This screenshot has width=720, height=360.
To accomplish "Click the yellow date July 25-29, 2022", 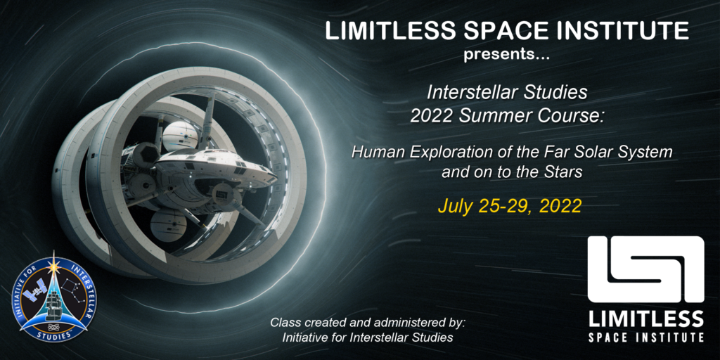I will (x=510, y=207).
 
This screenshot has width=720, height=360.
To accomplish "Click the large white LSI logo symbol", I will (x=645, y=269).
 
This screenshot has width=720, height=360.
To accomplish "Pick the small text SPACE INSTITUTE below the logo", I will (x=645, y=337).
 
